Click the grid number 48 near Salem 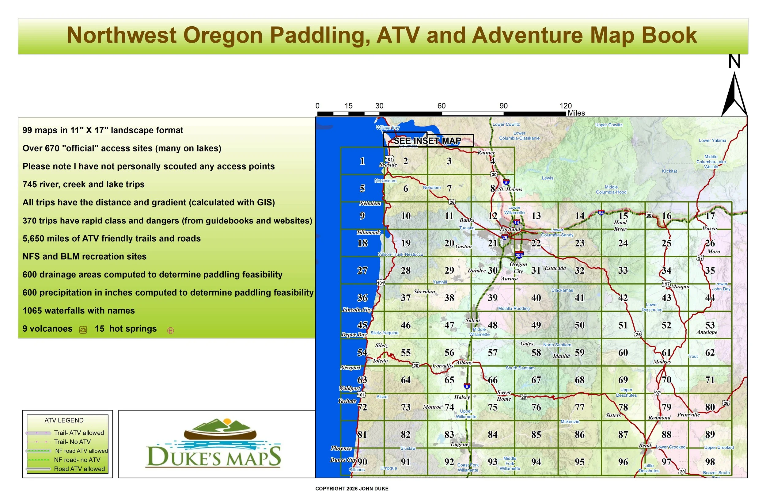tap(492, 325)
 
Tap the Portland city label tap(510, 229)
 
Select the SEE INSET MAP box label tap(427, 141)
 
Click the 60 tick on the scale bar tap(441, 106)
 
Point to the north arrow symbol tap(734, 95)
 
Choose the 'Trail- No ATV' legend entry tap(72, 442)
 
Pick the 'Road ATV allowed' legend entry tap(79, 469)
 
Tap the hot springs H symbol tap(171, 330)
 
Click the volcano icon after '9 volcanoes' tap(83, 330)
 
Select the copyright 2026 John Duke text tap(351, 489)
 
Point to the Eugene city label tap(459, 444)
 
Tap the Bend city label tap(645, 446)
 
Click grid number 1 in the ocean tap(362, 161)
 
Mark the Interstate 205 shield tap(519, 255)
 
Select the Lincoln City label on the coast tap(357, 310)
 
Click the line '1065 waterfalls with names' tap(78, 311)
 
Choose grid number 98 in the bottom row tap(710, 462)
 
